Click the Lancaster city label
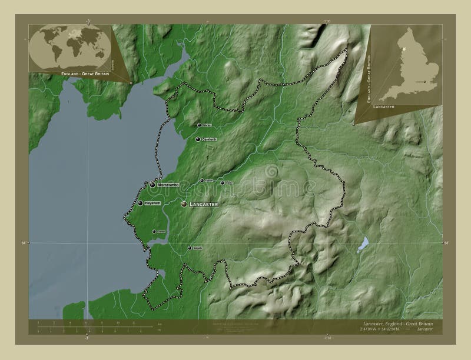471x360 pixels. tap(204, 204)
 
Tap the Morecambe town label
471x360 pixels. tap(171, 185)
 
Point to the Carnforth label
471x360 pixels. tap(210, 139)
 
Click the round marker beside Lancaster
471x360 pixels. tap(184, 204)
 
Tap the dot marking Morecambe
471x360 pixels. tap(152, 185)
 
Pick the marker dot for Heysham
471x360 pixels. tap(140, 203)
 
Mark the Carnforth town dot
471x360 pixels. tap(197, 139)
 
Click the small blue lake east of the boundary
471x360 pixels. tap(364, 244)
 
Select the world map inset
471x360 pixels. tap(69, 46)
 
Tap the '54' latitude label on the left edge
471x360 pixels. tap(24, 242)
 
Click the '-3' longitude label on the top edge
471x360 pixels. tap(87, 20)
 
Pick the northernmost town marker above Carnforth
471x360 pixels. tap(198, 125)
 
